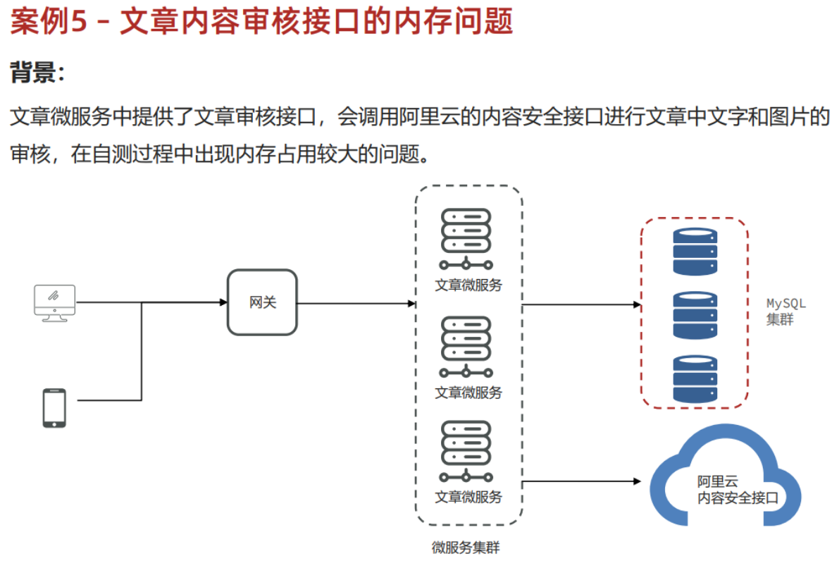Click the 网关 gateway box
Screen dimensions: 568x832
262,302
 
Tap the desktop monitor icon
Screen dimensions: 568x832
55,302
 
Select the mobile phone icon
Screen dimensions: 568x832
54,407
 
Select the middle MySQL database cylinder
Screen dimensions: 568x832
695,315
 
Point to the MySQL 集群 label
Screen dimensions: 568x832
785,311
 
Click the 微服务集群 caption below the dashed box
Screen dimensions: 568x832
466,548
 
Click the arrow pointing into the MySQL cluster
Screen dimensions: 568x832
581,305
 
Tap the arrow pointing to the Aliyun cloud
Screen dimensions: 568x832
581,481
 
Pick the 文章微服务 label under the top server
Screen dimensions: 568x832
468,285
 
